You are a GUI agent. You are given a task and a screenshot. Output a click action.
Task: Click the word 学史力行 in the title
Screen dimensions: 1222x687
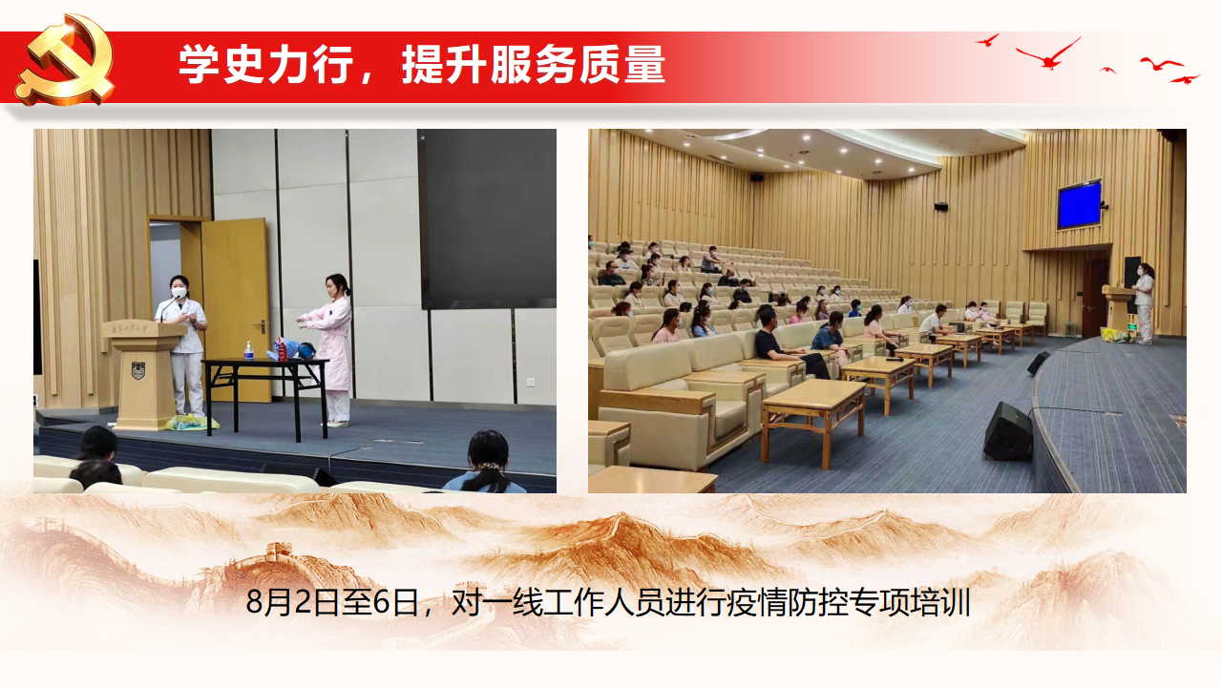tap(266, 64)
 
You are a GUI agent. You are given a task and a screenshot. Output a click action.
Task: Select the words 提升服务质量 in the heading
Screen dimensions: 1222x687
tap(534, 64)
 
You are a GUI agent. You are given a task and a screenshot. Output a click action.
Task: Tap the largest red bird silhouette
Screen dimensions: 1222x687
tap(1048, 53)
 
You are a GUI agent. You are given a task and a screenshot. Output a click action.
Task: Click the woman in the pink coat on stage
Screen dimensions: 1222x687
tap(331, 350)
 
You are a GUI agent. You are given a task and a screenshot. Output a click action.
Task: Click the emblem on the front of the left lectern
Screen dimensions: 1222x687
tap(138, 371)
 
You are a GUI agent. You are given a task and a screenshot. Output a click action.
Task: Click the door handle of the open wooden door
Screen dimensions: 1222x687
tap(262, 326)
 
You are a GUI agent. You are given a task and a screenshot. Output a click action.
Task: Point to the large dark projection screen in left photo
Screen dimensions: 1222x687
tap(487, 219)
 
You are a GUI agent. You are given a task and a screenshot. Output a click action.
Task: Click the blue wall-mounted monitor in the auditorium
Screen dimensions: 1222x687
tap(1079, 204)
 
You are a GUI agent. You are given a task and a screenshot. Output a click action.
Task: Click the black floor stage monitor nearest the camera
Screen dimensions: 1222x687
tap(1008, 430)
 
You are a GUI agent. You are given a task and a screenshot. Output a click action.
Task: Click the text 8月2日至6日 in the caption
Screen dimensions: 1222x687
tap(332, 602)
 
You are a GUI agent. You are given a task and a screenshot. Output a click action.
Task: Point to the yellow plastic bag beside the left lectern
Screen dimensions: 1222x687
tap(193, 423)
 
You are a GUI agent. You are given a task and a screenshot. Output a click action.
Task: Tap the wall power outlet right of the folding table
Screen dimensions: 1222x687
tap(531, 382)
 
